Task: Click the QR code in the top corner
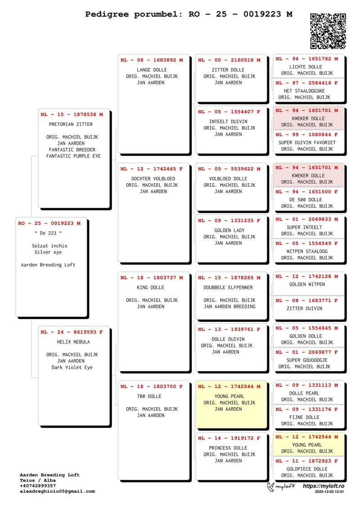tap(328, 31)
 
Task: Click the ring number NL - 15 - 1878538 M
tap(72, 115)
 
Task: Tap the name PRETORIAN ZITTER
tap(71, 125)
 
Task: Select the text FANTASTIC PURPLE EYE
tap(73, 156)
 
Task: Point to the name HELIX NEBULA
tap(70, 342)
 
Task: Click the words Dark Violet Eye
tap(72, 367)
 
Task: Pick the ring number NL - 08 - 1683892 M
tap(152, 60)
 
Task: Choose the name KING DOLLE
tap(150, 288)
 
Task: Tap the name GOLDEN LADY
tap(229, 230)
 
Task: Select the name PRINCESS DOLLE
tap(228, 448)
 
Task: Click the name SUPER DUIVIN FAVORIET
tap(307, 143)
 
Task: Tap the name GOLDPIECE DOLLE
tap(307, 469)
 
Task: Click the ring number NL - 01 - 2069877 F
tap(306, 352)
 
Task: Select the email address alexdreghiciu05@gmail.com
tap(57, 491)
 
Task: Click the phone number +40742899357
tap(38, 486)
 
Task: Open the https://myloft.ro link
tap(324, 486)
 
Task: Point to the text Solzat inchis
tap(49, 246)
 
